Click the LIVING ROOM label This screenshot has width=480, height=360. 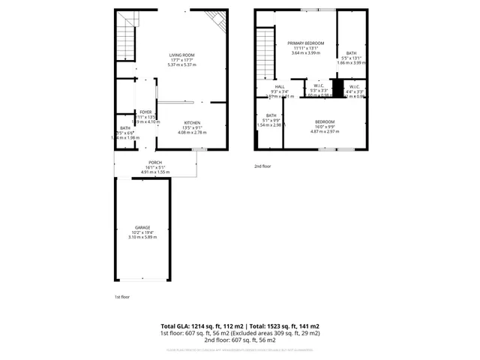(181, 55)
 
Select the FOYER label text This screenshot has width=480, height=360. (145, 112)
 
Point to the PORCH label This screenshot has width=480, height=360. (155, 163)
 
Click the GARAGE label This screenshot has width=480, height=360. (142, 227)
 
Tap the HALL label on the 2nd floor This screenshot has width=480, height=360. (280, 86)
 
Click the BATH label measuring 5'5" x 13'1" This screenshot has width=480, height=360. (352, 53)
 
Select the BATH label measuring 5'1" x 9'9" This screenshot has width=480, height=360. (270, 115)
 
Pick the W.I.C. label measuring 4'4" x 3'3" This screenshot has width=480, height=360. (355, 86)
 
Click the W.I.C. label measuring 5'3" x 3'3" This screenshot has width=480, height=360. (319, 86)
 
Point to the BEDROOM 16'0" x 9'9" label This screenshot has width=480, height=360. (325, 121)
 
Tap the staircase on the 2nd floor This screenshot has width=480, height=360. (265, 52)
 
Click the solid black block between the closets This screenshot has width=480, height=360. (337, 90)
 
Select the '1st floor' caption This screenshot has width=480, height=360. (121, 298)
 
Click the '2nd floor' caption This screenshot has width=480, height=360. (262, 166)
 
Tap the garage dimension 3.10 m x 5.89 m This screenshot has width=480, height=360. (142, 237)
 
